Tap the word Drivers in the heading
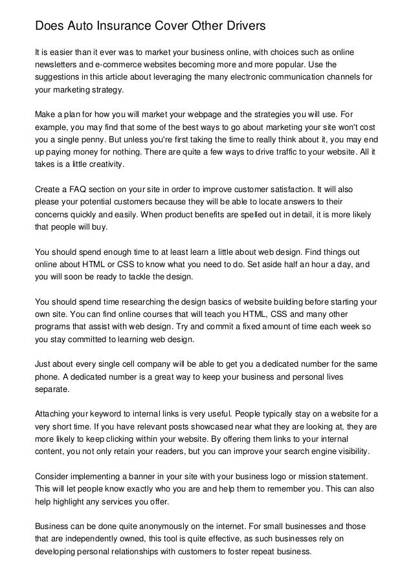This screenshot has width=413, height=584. point(240,27)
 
